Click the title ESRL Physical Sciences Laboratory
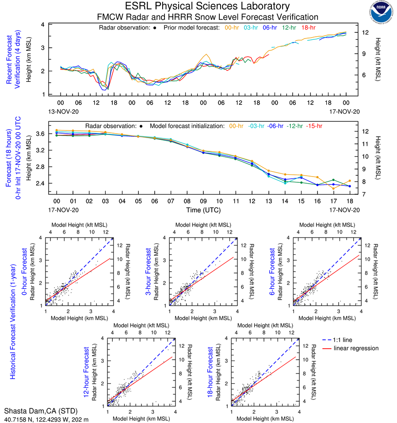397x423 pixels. point(207,6)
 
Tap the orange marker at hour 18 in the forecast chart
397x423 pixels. point(349,181)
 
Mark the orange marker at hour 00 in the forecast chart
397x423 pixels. point(57,131)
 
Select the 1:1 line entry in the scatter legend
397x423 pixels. point(344,339)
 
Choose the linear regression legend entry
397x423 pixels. point(356,348)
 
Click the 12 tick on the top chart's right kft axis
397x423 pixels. point(366,33)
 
